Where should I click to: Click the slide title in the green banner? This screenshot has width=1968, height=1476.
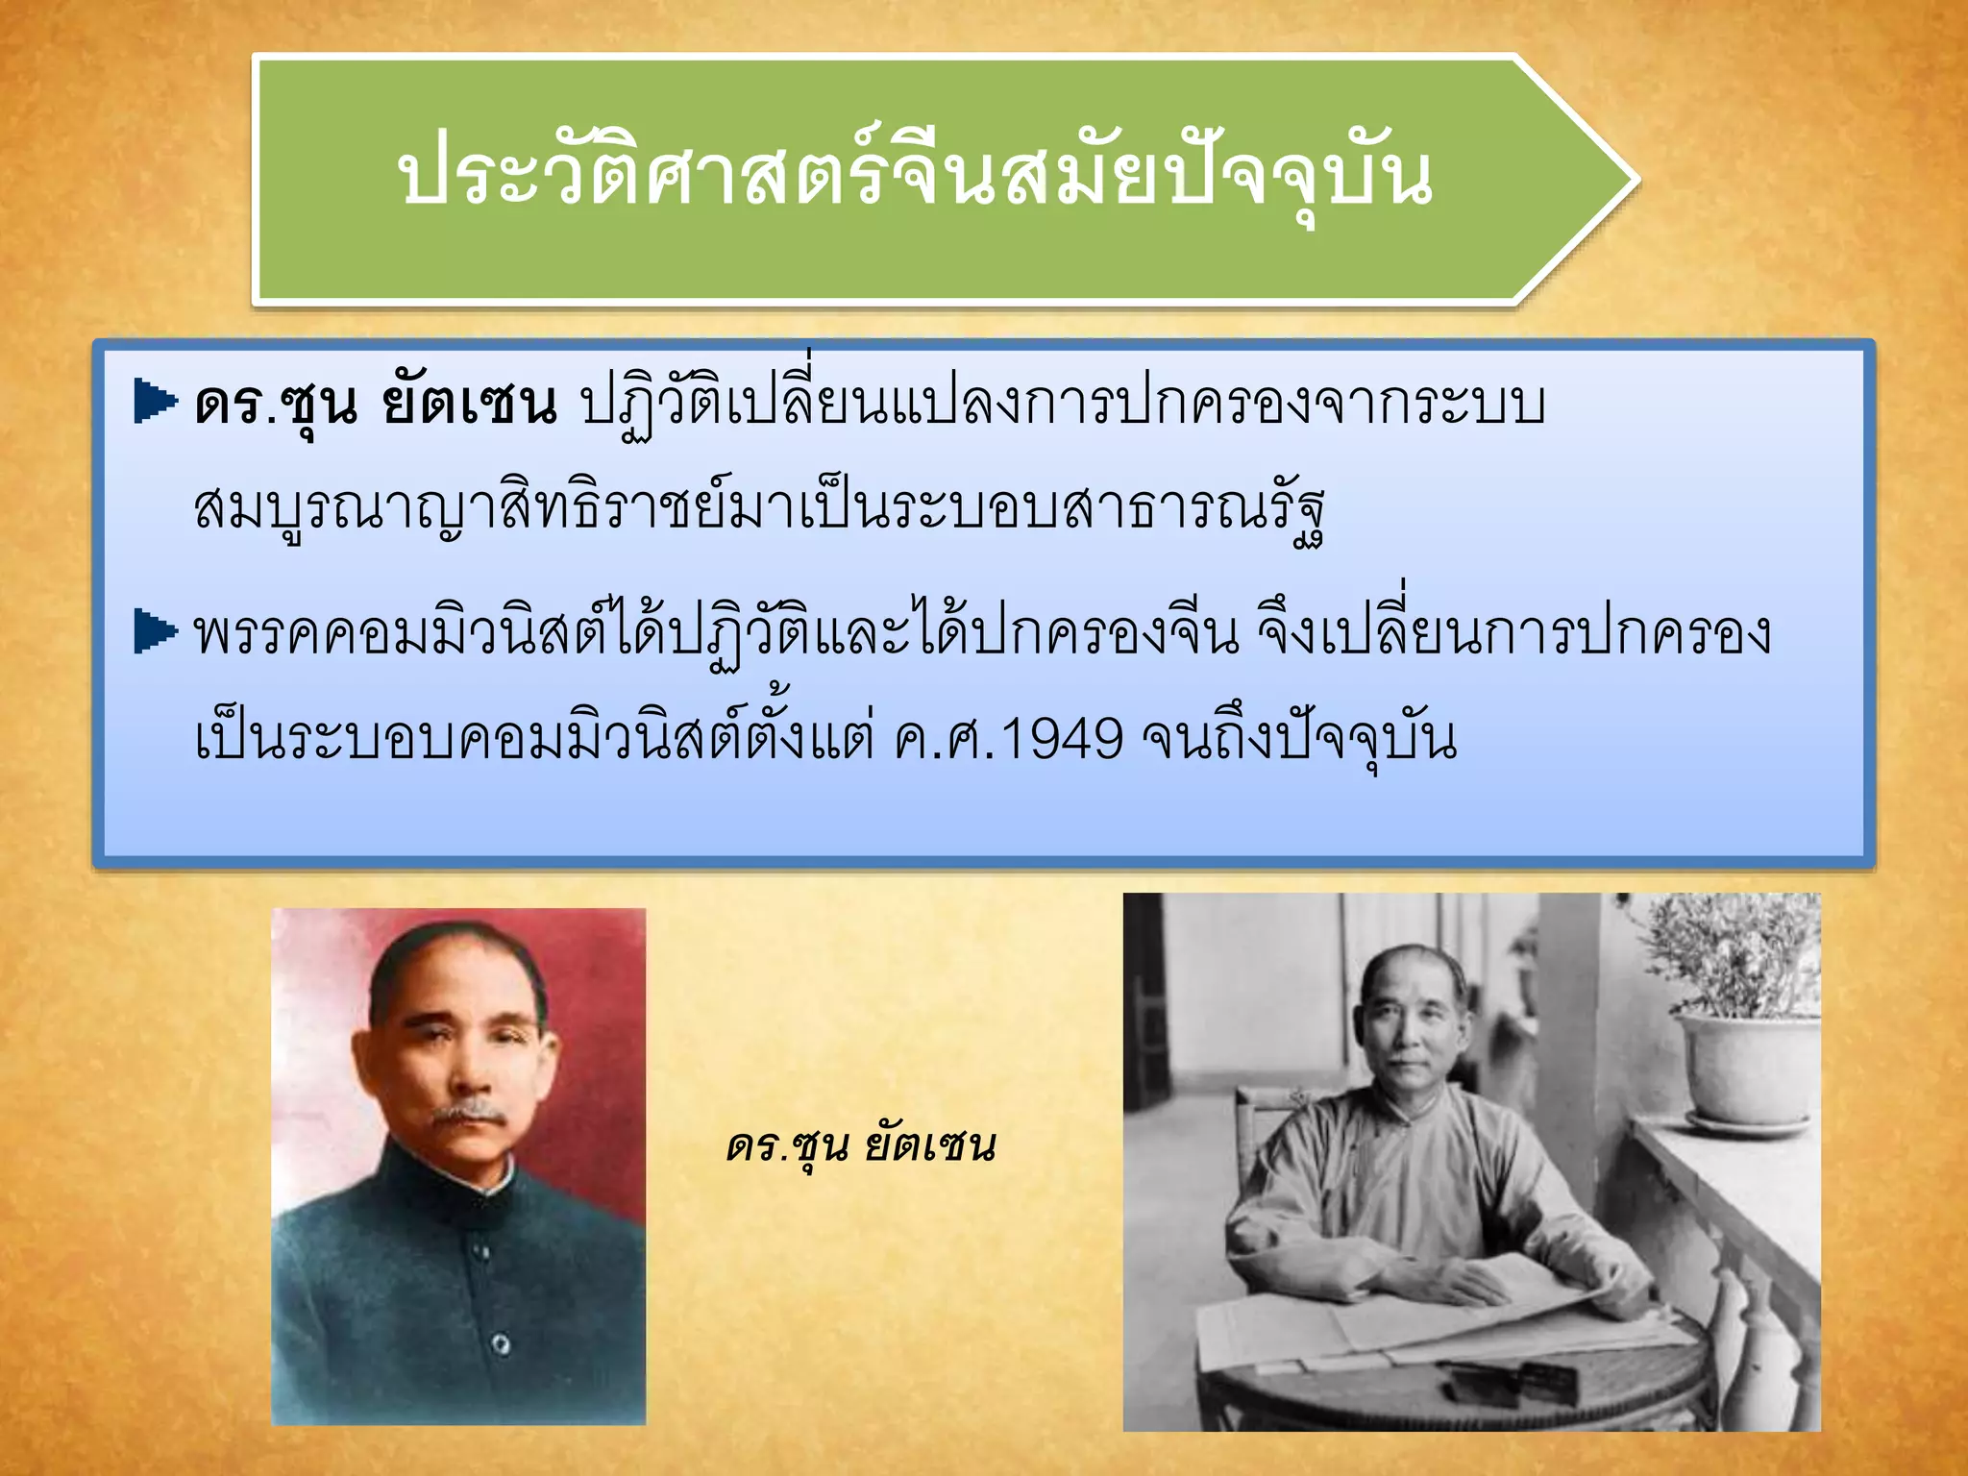tap(915, 177)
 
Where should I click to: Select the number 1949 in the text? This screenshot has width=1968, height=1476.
tap(1062, 739)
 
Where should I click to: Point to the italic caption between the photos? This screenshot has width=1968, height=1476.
tap(861, 1145)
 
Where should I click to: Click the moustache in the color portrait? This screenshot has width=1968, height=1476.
tap(468, 1115)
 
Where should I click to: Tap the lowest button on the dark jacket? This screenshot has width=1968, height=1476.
tap(501, 1342)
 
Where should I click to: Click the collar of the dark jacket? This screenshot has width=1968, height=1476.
tap(471, 1182)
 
